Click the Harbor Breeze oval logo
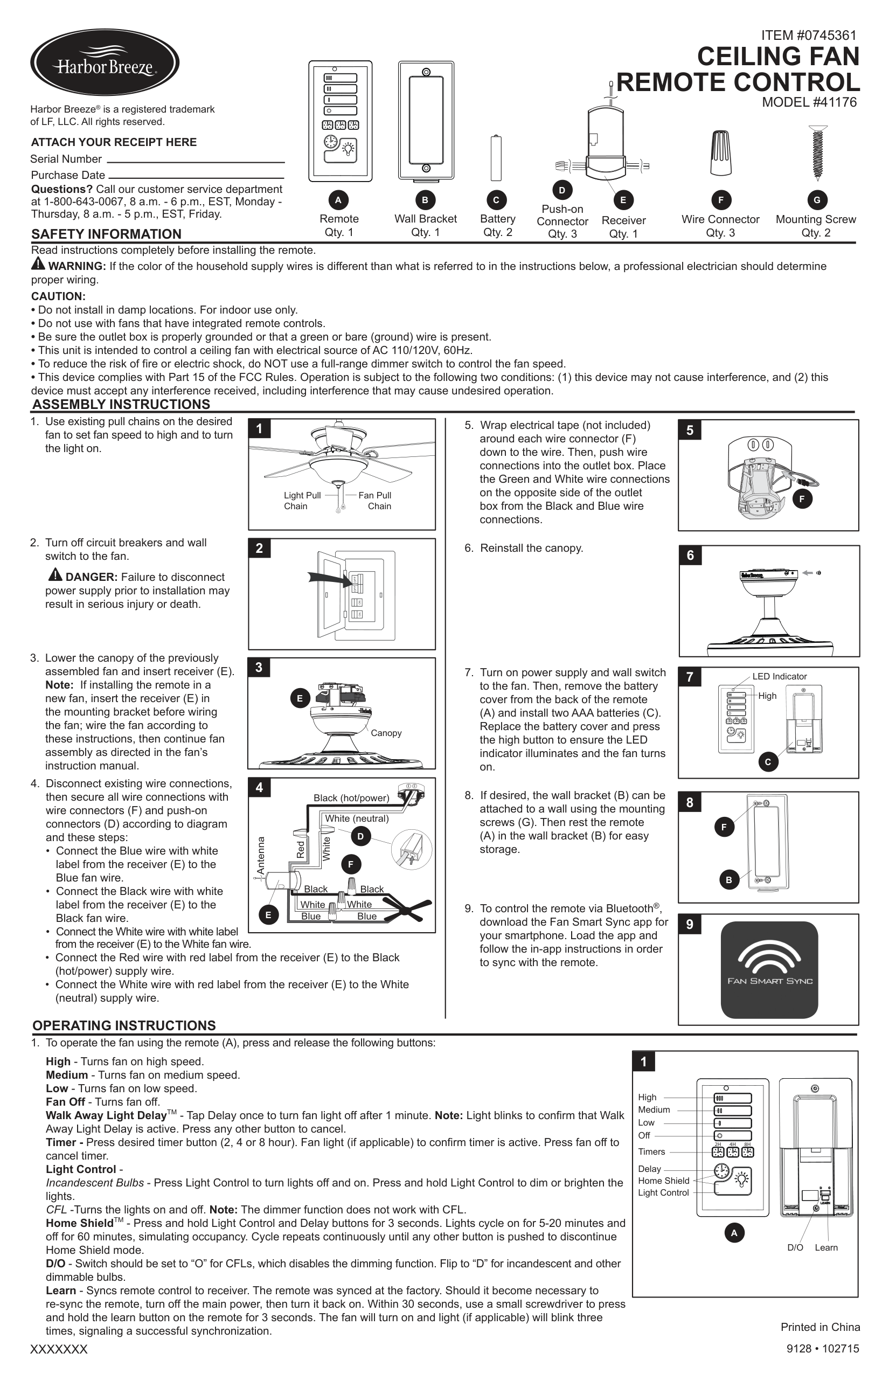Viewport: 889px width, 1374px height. click(x=105, y=63)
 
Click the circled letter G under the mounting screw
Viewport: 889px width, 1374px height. click(x=817, y=200)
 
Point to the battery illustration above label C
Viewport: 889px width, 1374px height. click(x=496, y=158)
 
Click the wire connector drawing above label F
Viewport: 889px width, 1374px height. click(x=721, y=152)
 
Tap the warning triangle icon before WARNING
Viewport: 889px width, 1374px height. click(x=38, y=265)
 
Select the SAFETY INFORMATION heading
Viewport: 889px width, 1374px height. click(x=106, y=234)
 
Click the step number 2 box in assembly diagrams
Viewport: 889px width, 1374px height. click(x=259, y=549)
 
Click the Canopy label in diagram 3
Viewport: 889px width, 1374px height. click(x=386, y=733)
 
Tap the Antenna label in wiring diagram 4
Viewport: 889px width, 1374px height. click(x=260, y=855)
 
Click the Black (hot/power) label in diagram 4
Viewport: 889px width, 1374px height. click(x=351, y=798)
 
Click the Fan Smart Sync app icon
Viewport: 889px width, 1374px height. click(x=769, y=969)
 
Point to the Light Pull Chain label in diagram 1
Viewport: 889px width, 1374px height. click(x=302, y=501)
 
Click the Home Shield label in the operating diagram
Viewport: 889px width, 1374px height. click(x=663, y=1181)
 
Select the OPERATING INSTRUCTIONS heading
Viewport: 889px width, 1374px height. click(x=124, y=1026)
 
